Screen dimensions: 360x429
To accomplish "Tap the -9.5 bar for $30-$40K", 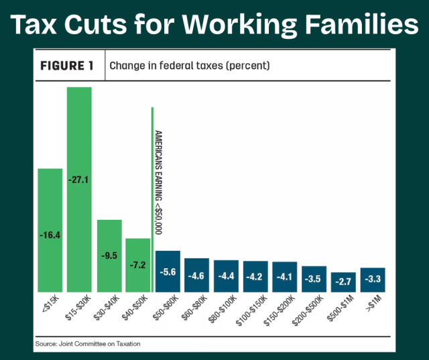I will pyautogui.click(x=109, y=255).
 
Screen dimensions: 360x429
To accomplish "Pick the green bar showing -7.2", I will pyautogui.click(x=137, y=265).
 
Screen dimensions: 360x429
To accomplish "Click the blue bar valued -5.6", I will pyautogui.click(x=168, y=271).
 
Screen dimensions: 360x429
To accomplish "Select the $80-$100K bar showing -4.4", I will pyautogui.click(x=226, y=276).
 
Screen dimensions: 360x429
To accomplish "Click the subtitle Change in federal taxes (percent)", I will pyautogui.click(x=190, y=66).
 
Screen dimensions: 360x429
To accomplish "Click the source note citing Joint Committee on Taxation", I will pyautogui.click(x=88, y=344).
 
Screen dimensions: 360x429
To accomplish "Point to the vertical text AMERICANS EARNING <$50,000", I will pyautogui.click(x=158, y=181).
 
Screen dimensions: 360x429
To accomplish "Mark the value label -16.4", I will pyautogui.click(x=50, y=235).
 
